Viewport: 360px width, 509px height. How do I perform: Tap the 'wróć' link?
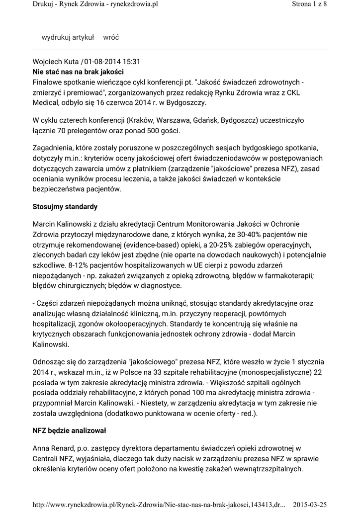tap(111, 37)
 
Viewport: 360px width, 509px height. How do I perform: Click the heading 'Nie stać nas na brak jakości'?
tap(78, 72)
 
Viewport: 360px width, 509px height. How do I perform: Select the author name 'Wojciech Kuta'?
tap(55, 62)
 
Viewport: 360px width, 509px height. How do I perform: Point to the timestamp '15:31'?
tap(131, 62)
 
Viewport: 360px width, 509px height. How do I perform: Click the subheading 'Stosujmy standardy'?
tap(65, 206)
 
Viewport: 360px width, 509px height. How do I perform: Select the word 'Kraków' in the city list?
tap(141, 121)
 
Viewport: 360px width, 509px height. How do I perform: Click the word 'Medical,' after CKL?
tap(47, 103)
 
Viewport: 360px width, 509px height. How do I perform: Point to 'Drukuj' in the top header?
tap(43, 4)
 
